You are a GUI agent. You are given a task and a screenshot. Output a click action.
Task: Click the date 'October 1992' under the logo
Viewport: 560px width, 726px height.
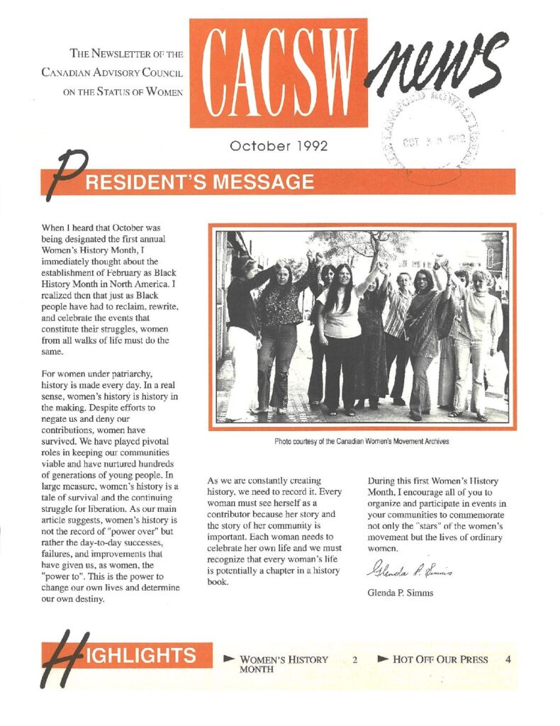tap(279, 146)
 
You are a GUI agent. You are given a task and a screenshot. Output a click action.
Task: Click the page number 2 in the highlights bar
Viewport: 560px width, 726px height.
tap(354, 659)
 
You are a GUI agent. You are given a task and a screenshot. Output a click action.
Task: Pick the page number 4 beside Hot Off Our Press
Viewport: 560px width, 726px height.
tap(508, 659)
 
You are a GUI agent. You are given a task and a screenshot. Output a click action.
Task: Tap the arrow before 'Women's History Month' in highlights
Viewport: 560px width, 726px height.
tap(229, 659)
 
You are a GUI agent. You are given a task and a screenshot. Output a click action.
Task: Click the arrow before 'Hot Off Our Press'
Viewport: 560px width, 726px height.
tap(383, 659)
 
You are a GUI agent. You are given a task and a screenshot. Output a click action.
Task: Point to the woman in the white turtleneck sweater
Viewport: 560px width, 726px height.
tap(480, 340)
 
